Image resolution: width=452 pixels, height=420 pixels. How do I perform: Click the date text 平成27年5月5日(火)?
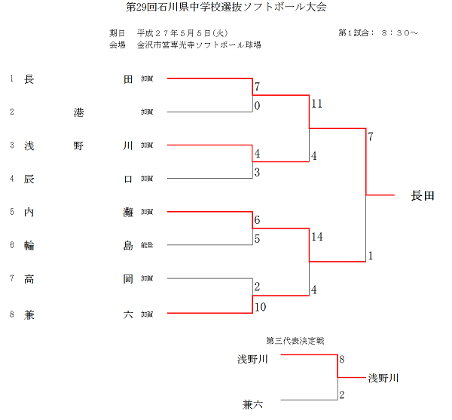point(182,33)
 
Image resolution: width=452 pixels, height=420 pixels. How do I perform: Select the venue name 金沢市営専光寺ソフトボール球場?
point(199,44)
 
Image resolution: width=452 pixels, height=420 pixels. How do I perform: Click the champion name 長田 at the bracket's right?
point(422,196)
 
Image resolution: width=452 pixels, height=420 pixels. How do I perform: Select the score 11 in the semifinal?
point(316,103)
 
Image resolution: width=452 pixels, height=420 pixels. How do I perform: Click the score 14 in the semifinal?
point(316,237)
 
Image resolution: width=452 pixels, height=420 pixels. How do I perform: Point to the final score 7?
point(371,136)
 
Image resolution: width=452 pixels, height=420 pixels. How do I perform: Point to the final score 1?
point(371,256)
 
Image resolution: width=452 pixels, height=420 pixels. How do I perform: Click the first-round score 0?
point(257,106)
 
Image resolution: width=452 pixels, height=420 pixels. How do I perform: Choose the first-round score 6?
point(257,220)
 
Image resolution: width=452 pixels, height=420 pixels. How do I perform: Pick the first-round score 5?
point(257,239)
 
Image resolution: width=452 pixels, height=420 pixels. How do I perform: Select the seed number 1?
point(11,78)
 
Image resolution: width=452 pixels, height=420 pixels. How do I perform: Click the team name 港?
point(78,112)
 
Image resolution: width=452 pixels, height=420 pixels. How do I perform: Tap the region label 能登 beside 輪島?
point(147,246)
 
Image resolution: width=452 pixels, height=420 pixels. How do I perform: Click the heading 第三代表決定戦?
point(295,341)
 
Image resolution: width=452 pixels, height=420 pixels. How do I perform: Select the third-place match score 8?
point(342,360)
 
